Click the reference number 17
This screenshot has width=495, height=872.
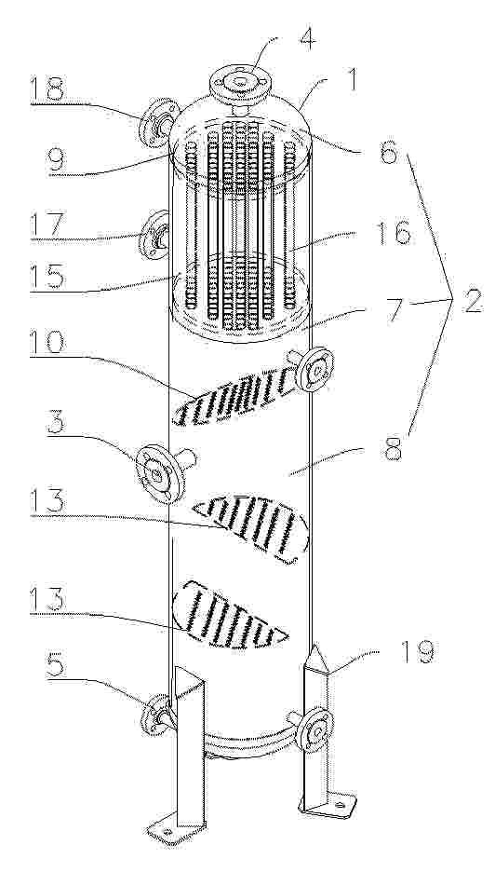coord(53,225)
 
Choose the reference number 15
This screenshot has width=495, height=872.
coord(53,275)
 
